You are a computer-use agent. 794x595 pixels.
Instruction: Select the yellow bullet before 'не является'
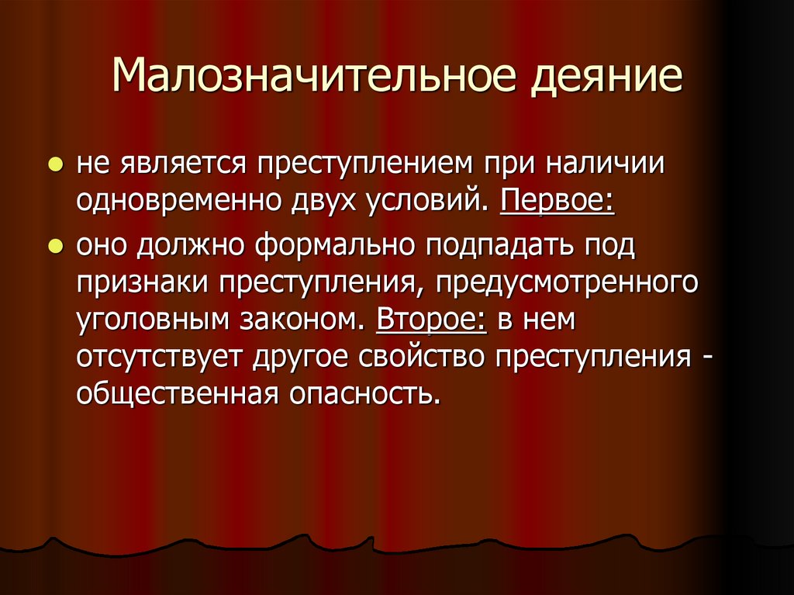pos(55,167)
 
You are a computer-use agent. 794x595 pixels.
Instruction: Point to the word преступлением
pos(364,165)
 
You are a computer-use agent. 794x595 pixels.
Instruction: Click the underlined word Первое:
pos(558,202)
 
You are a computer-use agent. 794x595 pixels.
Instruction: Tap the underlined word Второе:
pos(432,320)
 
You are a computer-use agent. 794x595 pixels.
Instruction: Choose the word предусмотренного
pos(567,282)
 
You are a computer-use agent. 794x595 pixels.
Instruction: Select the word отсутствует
pos(160,358)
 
